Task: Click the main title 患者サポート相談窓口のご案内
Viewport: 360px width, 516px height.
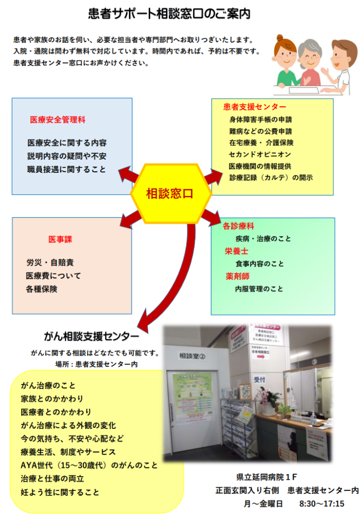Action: click(x=169, y=13)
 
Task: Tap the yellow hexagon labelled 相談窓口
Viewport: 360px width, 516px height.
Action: click(x=170, y=193)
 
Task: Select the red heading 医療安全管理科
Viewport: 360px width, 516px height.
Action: click(x=57, y=120)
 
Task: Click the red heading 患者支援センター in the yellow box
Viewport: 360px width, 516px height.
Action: click(x=255, y=107)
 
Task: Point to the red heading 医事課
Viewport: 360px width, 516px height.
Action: click(x=60, y=239)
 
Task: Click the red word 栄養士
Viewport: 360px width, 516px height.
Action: click(x=236, y=251)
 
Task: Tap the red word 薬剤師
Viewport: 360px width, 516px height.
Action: click(x=237, y=276)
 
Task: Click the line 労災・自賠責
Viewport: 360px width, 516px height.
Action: click(x=50, y=263)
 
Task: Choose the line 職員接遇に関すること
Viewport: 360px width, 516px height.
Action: click(x=67, y=169)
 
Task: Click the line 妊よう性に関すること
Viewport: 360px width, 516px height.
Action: click(x=60, y=492)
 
